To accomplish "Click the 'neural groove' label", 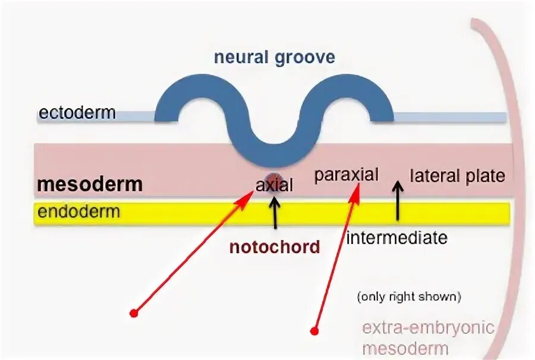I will pos(274,57).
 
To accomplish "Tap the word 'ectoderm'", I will pos(77,112).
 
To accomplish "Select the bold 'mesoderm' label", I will pos(90,184).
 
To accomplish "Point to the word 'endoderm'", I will pos(78,211).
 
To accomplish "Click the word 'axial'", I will pos(274,185).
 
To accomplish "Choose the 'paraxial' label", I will pos(347,175).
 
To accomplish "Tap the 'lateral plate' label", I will pos(457,176).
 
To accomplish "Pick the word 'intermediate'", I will pos(396,238).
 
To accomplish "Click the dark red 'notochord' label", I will pos(275,247).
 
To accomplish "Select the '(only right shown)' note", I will pos(409,296).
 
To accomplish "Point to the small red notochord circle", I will pos(273,178).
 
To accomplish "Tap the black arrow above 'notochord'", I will pos(274,213).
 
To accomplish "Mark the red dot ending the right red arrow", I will pos(314,330).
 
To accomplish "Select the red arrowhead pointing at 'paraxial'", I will pos(357,193).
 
